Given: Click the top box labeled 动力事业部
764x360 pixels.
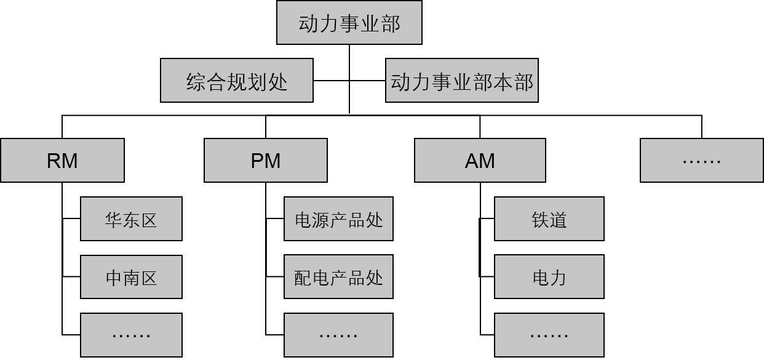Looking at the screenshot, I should tap(349, 23).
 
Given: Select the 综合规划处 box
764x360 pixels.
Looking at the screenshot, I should tap(237, 81).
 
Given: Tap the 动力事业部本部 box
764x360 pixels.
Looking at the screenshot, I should tap(461, 81).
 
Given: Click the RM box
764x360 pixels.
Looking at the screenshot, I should tap(62, 161).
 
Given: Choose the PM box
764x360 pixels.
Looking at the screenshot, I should tap(265, 161).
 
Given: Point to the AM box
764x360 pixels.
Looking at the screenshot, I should tap(480, 161).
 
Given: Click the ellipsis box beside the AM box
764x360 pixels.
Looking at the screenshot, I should tap(702, 161).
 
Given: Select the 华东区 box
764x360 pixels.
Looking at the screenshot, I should tap(131, 219).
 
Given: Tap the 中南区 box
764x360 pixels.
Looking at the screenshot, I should tap(131, 277).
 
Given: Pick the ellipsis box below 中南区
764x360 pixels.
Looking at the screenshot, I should tap(131, 335).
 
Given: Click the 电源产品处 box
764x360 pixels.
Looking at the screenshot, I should tap(338, 219).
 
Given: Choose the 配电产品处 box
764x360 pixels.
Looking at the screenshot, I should tap(338, 277).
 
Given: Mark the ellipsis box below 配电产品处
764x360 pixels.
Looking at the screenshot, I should tap(338, 335).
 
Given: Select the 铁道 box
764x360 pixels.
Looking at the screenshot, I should tap(549, 219).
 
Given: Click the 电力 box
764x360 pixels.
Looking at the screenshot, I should tap(549, 277).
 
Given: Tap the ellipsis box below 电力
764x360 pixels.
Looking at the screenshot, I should tap(549, 335).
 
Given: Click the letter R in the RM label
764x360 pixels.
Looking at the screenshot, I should tap(54, 161).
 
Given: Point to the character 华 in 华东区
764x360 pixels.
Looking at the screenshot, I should tap(114, 220).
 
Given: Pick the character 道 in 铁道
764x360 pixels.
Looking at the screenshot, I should tap(558, 220).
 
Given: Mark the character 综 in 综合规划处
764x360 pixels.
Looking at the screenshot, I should tap(196, 81).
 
